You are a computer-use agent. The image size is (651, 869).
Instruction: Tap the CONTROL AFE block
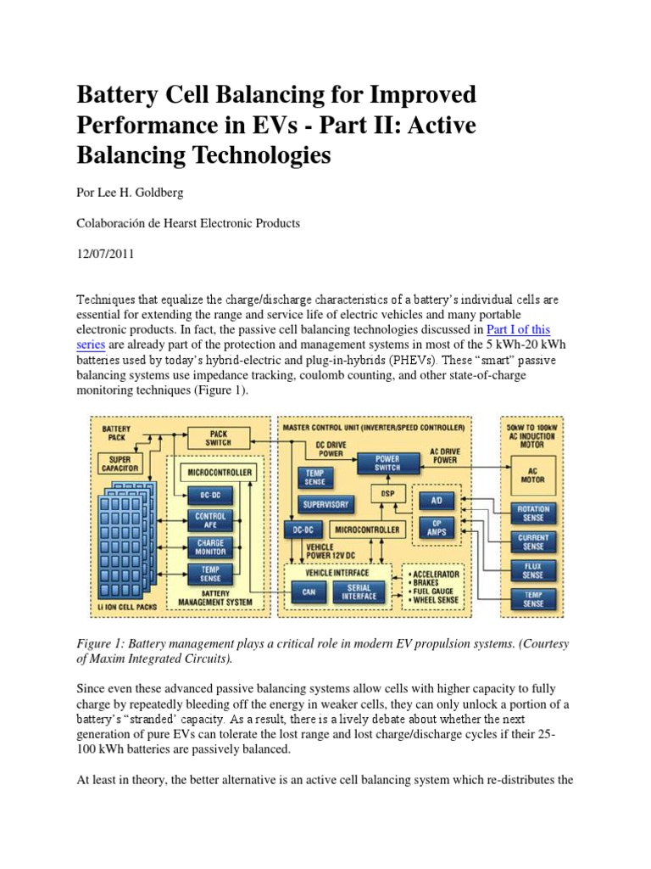210,520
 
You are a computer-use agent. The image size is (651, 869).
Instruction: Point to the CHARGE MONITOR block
210,547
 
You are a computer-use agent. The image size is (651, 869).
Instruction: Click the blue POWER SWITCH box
388,463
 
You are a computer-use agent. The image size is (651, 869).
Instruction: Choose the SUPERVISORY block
325,504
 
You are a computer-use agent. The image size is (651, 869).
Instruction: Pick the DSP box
387,494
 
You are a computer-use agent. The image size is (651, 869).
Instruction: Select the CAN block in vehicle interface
308,593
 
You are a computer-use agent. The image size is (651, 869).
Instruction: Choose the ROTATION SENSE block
532,513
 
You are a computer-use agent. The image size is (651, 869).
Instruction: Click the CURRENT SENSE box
532,542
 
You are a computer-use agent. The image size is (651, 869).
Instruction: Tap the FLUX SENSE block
532,571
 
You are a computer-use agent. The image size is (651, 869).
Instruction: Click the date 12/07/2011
106,254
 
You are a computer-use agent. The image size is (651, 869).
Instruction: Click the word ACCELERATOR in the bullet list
434,573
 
